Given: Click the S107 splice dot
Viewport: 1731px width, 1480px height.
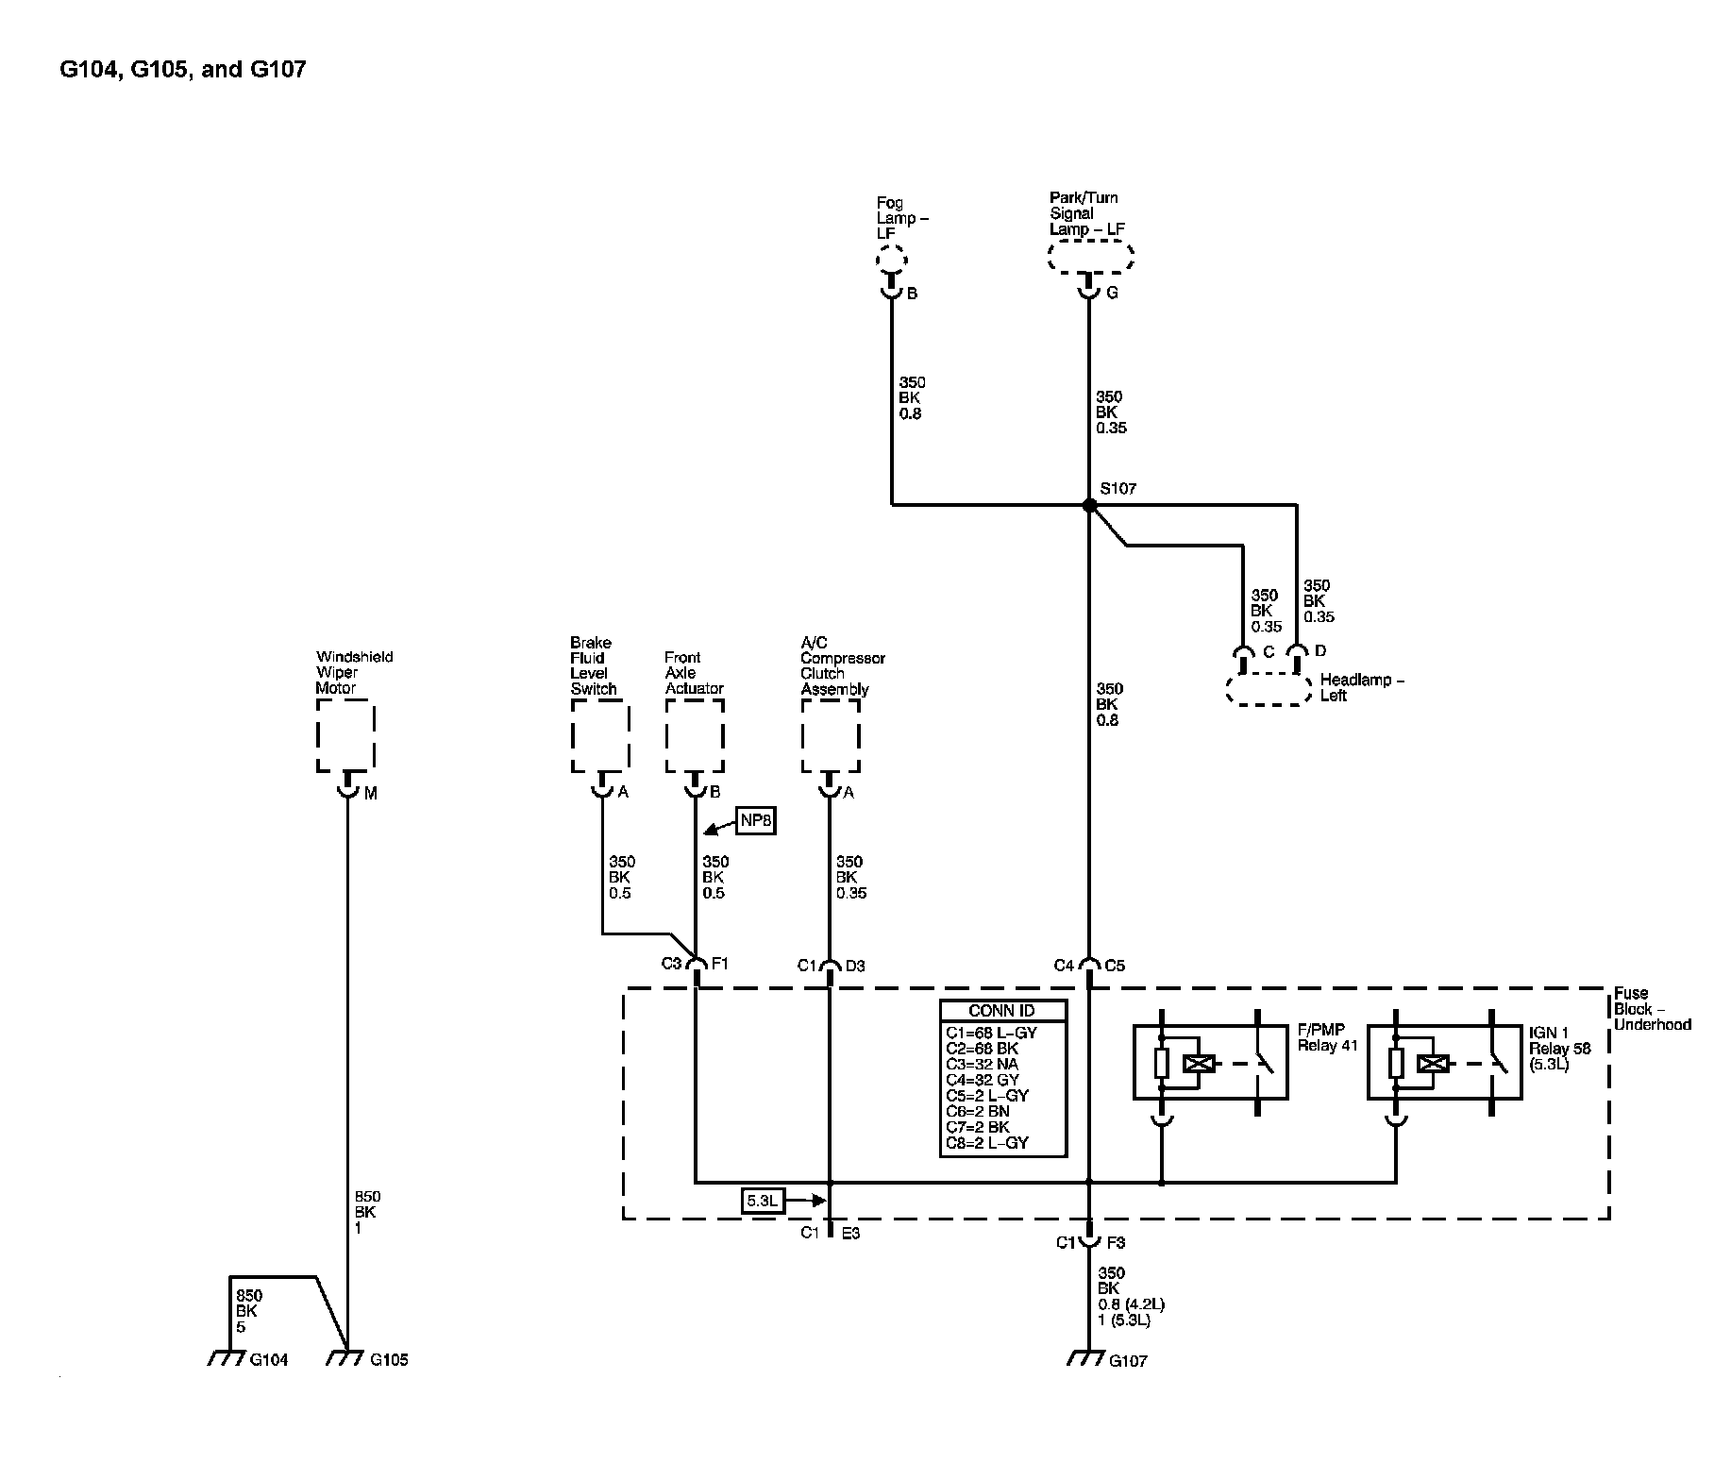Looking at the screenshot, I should click(x=1089, y=505).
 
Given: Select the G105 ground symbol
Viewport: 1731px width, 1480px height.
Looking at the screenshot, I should click(x=345, y=1358).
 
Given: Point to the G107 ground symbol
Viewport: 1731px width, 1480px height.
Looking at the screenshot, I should click(x=1085, y=1359).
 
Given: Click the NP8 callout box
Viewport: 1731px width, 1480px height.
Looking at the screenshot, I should click(x=756, y=820).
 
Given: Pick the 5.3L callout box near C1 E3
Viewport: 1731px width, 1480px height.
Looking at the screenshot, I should click(x=763, y=1202).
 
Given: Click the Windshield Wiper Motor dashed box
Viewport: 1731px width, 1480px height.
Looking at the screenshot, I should click(x=345, y=736).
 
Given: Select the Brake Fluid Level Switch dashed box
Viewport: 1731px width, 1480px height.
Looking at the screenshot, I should click(x=600, y=736).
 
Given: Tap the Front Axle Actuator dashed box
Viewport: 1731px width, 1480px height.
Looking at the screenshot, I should click(x=695, y=736).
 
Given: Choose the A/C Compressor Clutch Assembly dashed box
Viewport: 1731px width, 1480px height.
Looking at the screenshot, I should click(x=831, y=736).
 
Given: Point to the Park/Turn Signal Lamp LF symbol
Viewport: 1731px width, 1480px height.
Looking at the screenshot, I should click(x=1090, y=257).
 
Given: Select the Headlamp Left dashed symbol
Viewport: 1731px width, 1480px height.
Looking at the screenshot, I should click(x=1269, y=689).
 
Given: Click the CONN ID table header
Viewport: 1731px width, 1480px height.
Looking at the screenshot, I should click(x=1002, y=1011).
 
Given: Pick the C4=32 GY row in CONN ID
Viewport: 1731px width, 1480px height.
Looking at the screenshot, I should click(x=983, y=1080).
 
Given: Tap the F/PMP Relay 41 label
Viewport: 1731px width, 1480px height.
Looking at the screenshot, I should click(x=1326, y=1038).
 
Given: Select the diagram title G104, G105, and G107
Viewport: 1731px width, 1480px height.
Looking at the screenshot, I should click(x=183, y=70).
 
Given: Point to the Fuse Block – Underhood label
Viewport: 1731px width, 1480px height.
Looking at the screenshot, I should click(x=1652, y=1008).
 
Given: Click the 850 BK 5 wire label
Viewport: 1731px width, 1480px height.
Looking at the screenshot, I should click(x=246, y=1311).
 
